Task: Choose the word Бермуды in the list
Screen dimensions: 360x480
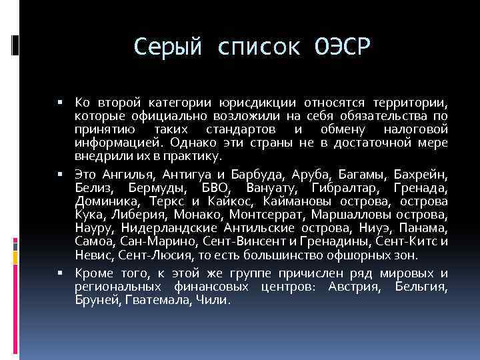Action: coord(143,187)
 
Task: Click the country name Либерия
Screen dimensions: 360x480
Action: coord(141,215)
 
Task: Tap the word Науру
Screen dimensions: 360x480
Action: coord(93,227)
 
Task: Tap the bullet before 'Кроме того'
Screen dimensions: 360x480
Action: coord(60,274)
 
